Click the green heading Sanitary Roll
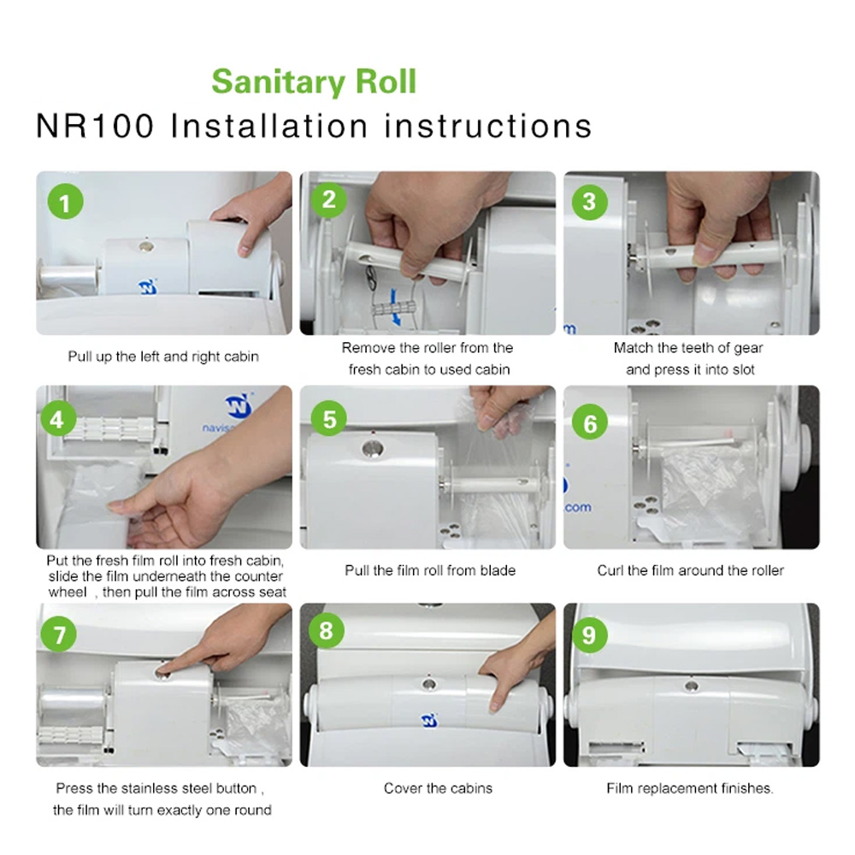click(x=314, y=82)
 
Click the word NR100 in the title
click(x=95, y=126)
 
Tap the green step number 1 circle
click(x=66, y=202)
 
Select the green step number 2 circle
click(x=329, y=199)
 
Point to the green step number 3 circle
click(x=589, y=202)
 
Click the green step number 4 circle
click(x=56, y=420)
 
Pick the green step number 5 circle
click(x=329, y=419)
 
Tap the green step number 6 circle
click(x=589, y=422)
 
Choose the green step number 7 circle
click(x=59, y=634)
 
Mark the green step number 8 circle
click(x=326, y=630)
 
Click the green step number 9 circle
click(x=589, y=634)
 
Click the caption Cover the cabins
click(x=438, y=788)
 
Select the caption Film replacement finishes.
click(x=690, y=788)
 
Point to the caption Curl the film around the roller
click(x=690, y=570)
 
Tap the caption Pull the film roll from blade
click(x=430, y=570)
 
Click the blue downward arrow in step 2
click(x=394, y=308)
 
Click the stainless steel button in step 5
click(x=373, y=450)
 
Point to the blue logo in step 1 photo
click(x=147, y=286)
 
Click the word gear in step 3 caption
click(x=748, y=348)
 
